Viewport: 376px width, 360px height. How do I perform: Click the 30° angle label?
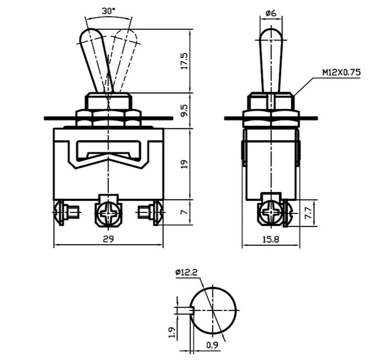108,11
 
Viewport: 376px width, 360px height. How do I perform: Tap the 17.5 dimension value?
184,61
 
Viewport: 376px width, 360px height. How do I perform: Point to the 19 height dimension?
184,164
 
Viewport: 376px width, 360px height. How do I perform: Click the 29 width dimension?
108,239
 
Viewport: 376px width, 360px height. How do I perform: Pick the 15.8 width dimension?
271,239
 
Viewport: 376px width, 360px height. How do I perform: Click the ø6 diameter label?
271,13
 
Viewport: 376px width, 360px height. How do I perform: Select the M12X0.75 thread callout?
341,72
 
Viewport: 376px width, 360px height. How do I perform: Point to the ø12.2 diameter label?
186,272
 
